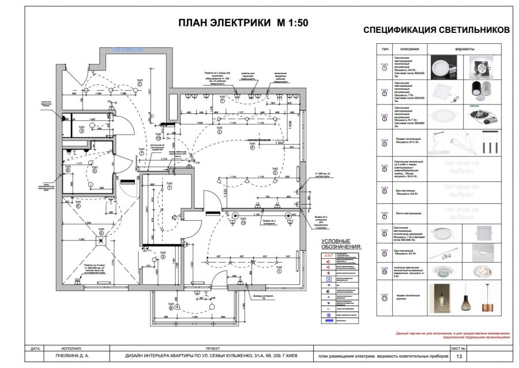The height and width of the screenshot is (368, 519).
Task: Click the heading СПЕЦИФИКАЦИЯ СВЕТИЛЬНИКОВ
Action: [436, 30]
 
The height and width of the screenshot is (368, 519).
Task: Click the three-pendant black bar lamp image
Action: [488, 142]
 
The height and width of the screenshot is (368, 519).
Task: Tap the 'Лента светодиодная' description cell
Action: [409, 213]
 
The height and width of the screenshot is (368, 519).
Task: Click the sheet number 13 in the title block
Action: [459, 357]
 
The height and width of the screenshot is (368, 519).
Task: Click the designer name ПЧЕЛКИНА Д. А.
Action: [61, 357]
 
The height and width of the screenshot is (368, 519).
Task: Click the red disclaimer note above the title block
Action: [453, 336]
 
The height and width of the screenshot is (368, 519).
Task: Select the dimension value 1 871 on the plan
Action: [149, 94]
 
